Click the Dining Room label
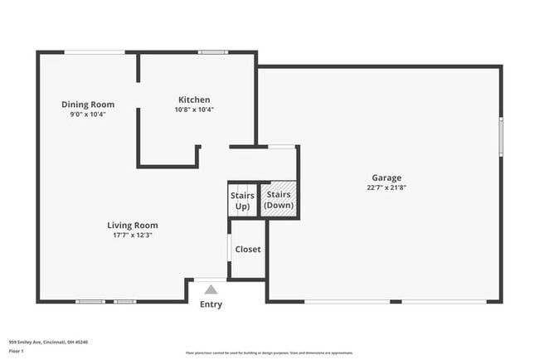[x=88, y=105]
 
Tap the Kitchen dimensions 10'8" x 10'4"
[x=194, y=109]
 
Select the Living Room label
[x=133, y=225]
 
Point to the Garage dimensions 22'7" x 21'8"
[x=386, y=187]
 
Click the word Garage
[x=386, y=178]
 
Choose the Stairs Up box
[x=242, y=201]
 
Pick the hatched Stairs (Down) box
[x=279, y=200]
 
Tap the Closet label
[x=248, y=249]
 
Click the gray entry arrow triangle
[x=211, y=289]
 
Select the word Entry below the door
[x=211, y=304]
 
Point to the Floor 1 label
[x=17, y=351]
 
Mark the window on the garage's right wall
[x=501, y=137]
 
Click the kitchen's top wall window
[x=213, y=52]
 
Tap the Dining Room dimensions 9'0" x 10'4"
[x=88, y=114]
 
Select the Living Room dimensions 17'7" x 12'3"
[x=133, y=235]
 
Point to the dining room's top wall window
[x=95, y=52]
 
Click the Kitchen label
[x=194, y=100]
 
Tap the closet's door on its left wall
[x=230, y=248]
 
